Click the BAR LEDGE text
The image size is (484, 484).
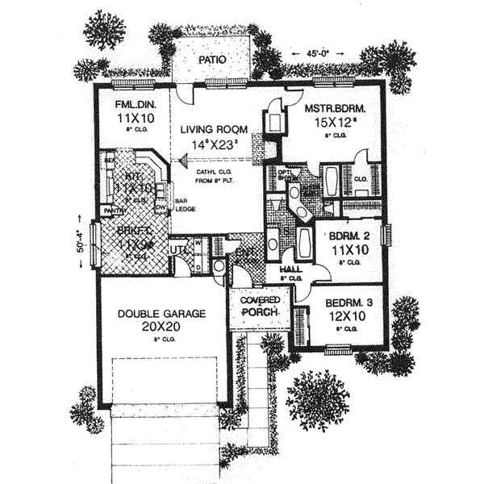(186, 206)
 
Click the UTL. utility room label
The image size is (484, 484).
(178, 251)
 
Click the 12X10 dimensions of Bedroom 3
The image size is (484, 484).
(348, 318)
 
